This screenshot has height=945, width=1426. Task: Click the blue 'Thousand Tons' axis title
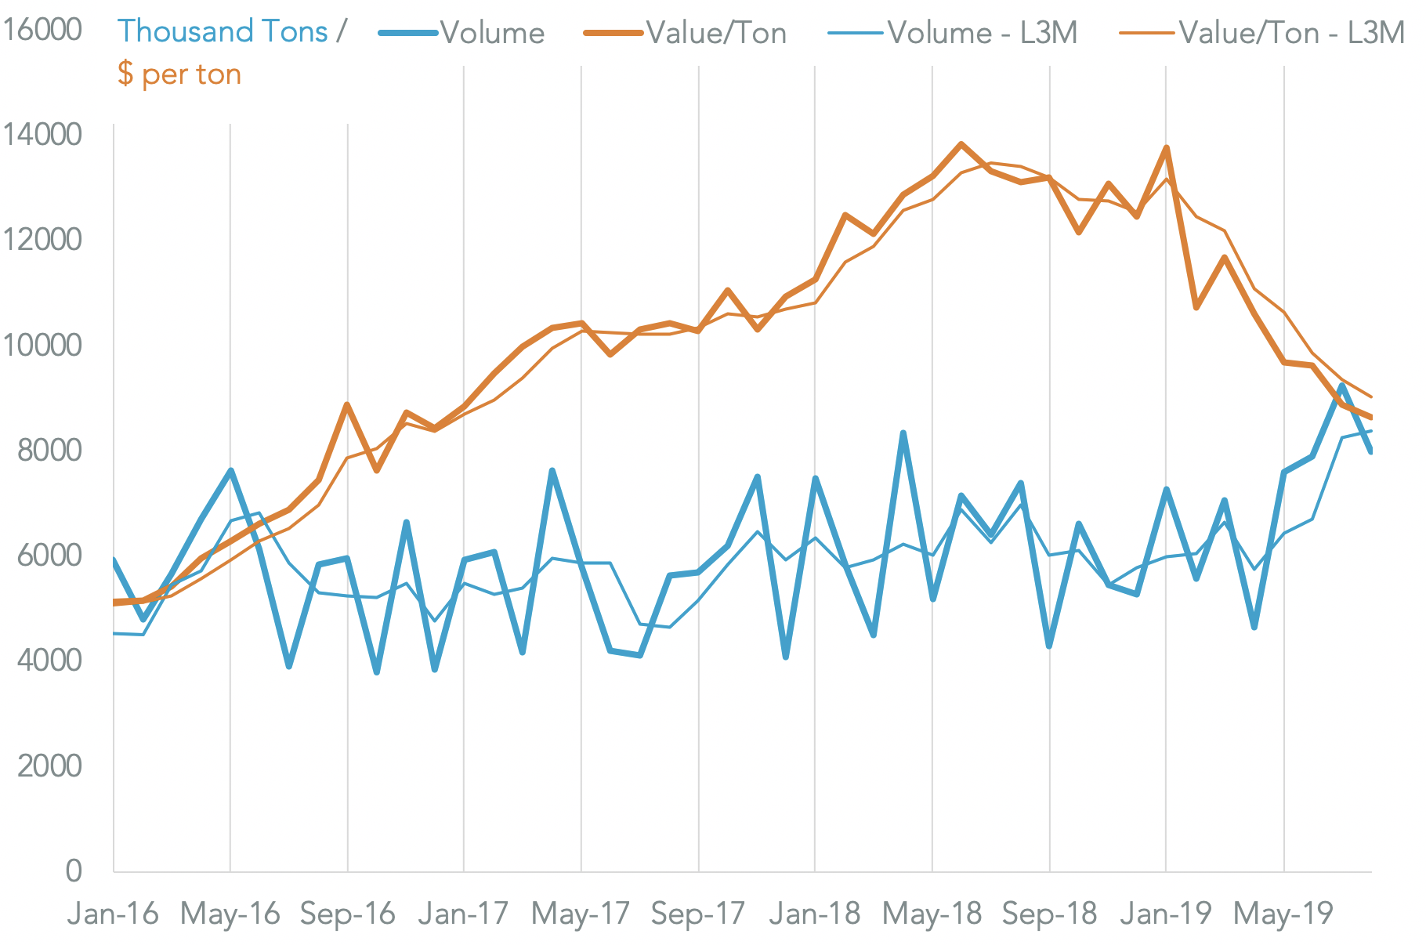click(223, 31)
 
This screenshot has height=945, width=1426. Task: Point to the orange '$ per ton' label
click(179, 74)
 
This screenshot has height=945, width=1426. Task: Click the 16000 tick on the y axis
click(43, 30)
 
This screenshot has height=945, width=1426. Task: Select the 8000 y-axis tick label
click(49, 450)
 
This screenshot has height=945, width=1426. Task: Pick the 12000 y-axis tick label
click(43, 240)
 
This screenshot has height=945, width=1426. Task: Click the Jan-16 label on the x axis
click(113, 914)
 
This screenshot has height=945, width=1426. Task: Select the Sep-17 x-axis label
click(698, 914)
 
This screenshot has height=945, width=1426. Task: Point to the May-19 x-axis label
click(1283, 914)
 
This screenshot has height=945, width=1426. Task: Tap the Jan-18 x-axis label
click(815, 914)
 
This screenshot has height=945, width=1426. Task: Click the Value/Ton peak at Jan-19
click(1167, 147)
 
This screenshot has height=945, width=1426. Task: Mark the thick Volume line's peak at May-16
click(230, 470)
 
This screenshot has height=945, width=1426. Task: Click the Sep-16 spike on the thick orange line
click(347, 404)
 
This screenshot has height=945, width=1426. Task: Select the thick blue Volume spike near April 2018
click(903, 433)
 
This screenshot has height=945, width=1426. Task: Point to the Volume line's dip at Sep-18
click(1049, 646)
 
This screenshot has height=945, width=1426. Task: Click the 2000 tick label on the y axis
click(49, 766)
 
